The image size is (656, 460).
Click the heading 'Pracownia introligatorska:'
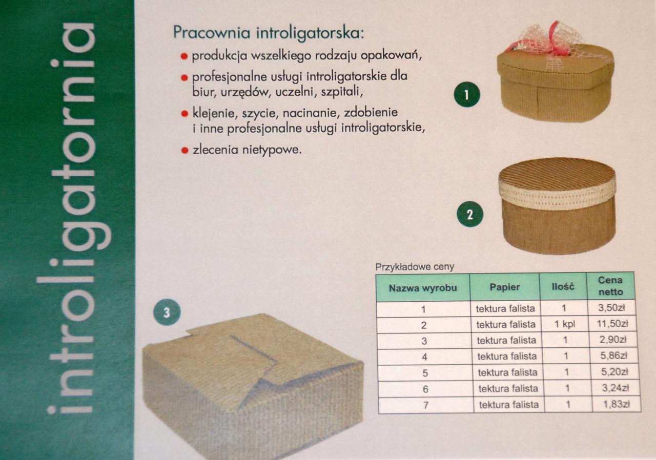(x=269, y=33)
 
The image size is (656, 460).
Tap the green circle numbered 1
(x=467, y=95)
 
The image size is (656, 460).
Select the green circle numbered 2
(x=470, y=215)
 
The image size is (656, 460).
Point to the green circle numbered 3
(x=167, y=312)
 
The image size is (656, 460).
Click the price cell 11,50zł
(x=612, y=324)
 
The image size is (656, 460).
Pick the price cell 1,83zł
(x=617, y=404)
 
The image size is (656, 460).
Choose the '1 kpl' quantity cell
(x=565, y=324)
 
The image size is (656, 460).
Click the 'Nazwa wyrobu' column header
(x=423, y=288)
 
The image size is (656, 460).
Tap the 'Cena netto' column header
(x=610, y=286)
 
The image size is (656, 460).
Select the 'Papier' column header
(x=505, y=287)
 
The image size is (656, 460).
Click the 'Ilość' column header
(x=563, y=286)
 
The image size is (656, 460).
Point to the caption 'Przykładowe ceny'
(x=415, y=267)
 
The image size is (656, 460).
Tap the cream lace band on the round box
(x=557, y=194)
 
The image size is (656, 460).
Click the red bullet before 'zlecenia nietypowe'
(x=184, y=151)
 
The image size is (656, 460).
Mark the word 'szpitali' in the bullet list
(x=342, y=92)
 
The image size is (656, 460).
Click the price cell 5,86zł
(x=614, y=356)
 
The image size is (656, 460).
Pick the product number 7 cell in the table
(x=426, y=405)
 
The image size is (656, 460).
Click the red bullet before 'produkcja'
(x=184, y=56)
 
